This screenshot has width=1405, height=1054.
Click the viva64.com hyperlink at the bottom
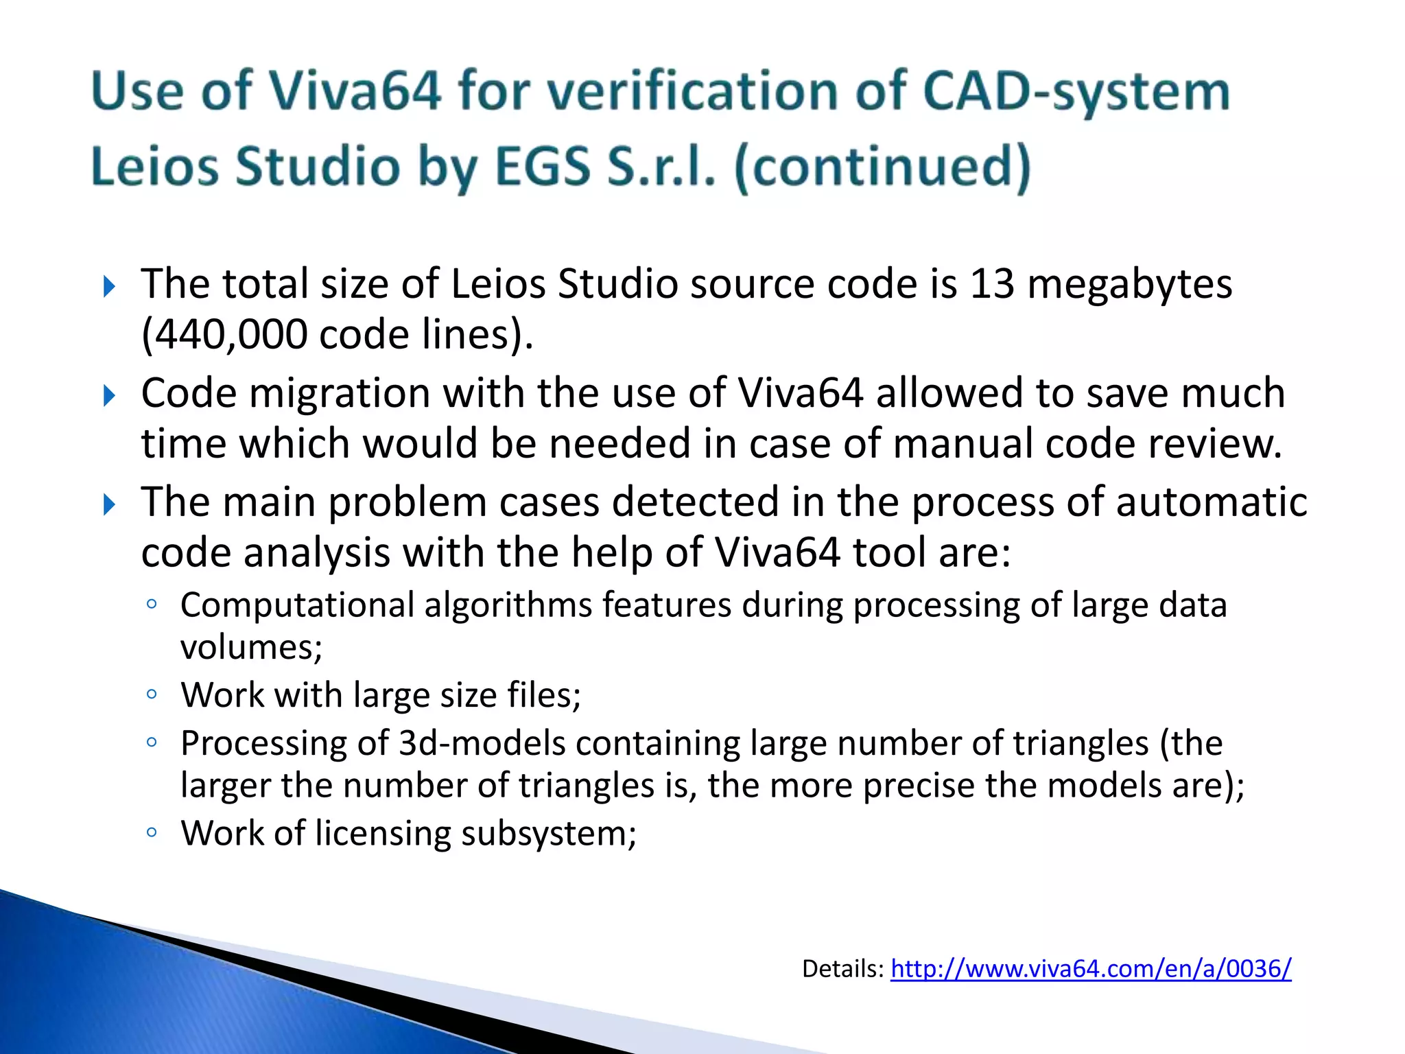(x=1090, y=968)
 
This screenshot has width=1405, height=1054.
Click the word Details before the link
(x=842, y=968)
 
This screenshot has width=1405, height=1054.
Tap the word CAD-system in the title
(x=1076, y=91)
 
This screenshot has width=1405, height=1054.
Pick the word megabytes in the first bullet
(x=1129, y=284)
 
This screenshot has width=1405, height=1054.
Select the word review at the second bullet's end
(x=1214, y=444)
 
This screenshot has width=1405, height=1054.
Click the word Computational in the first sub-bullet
(x=297, y=605)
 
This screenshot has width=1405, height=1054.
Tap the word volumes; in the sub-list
(x=251, y=647)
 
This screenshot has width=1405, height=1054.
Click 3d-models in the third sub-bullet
(x=482, y=743)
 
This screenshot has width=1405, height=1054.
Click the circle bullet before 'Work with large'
(x=152, y=694)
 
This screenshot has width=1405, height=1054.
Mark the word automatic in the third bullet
(x=1211, y=502)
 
